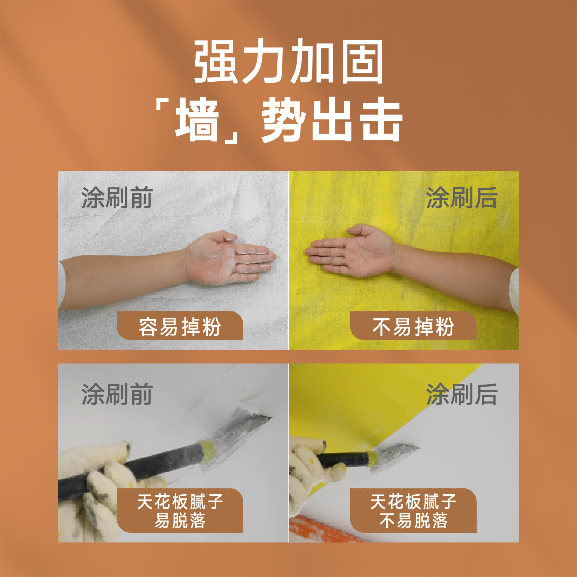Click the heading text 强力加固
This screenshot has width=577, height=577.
288,62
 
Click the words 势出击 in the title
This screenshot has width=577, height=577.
332,120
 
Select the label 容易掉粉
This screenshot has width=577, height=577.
180,326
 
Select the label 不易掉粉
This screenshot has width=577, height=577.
413,326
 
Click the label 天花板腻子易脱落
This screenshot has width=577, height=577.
180,511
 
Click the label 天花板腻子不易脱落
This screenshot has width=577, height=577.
413,511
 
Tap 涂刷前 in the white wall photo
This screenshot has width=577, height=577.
117,198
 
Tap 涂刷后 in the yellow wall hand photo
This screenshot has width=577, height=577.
462,198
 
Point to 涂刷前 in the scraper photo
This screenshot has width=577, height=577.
117,394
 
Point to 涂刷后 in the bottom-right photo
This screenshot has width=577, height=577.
462,394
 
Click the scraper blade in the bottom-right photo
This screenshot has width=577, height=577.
398,452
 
